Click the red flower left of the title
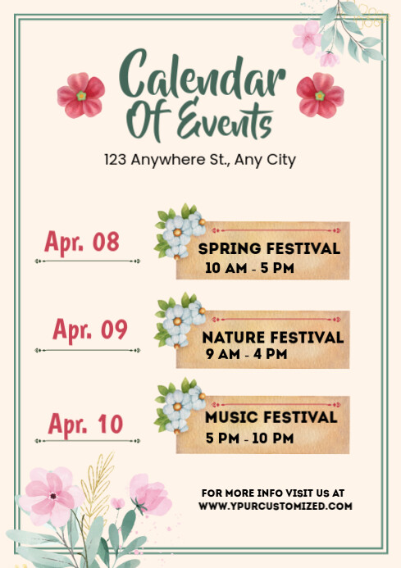80,95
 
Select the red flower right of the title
320,95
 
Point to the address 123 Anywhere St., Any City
199,160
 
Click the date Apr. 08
82,242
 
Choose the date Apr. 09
90,329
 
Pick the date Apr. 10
84,424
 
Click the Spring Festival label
269,248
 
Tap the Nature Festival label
272,337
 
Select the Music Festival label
271,418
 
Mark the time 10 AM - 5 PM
249,268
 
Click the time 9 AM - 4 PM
246,354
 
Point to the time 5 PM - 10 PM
249,438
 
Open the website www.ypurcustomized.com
275,507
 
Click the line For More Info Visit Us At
273,493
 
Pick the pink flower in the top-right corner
308,36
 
